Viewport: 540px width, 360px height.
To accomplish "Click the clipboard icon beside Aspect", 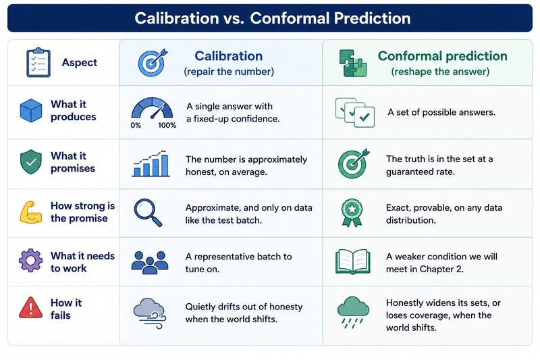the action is [x=38, y=62].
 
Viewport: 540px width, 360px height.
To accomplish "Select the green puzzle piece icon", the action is [x=352, y=63].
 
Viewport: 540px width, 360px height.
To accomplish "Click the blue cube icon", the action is [x=31, y=110].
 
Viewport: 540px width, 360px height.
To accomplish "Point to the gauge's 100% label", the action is [x=167, y=126].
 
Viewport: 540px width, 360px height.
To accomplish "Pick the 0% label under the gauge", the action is [x=136, y=126].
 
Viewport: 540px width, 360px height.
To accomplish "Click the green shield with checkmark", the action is [x=31, y=161].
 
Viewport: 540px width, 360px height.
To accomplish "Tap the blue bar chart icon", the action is [x=151, y=164].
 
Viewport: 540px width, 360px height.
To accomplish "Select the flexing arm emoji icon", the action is [x=30, y=213].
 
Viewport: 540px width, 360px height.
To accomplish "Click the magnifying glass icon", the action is [x=148, y=213].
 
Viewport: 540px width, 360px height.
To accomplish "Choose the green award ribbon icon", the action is [x=352, y=213].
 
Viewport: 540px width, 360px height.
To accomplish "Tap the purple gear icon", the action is [x=30, y=261].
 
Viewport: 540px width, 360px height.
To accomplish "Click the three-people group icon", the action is [x=150, y=263].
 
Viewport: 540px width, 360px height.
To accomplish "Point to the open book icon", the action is [x=352, y=262].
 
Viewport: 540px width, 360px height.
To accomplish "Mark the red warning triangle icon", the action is [x=30, y=307].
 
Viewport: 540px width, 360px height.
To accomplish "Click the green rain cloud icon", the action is [x=353, y=312].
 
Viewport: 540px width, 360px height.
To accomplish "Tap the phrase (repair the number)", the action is [x=229, y=72].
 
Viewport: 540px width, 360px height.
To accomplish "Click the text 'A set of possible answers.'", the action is [x=441, y=112].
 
